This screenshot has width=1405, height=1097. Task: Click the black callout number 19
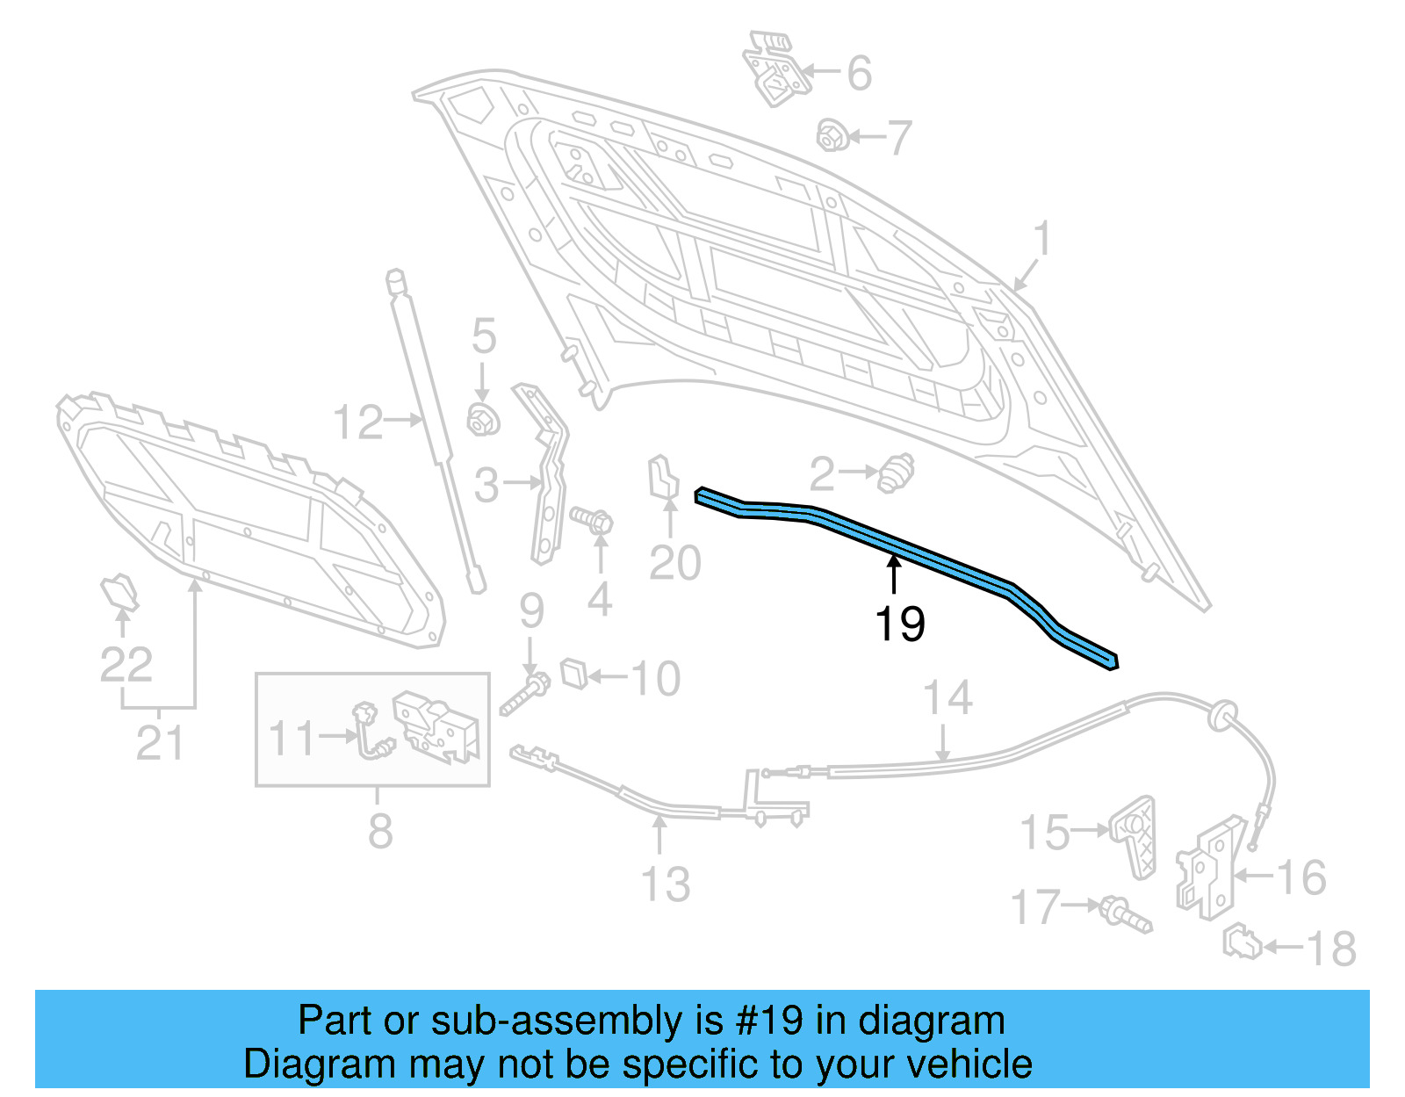click(899, 624)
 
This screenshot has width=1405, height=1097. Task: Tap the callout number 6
click(859, 73)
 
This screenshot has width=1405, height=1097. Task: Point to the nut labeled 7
click(832, 136)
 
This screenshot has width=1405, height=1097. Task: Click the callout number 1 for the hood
click(1041, 238)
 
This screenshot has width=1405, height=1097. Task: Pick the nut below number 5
click(482, 419)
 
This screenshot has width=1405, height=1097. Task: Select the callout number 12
click(358, 422)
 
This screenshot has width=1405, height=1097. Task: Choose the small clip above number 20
click(662, 478)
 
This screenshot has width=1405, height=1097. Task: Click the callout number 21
click(160, 743)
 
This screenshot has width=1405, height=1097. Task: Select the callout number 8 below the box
click(379, 830)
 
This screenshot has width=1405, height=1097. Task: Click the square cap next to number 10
click(573, 674)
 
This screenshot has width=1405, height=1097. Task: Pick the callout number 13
click(666, 884)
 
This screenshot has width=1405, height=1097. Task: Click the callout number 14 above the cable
click(947, 698)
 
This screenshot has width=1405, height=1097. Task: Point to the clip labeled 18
click(1243, 944)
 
